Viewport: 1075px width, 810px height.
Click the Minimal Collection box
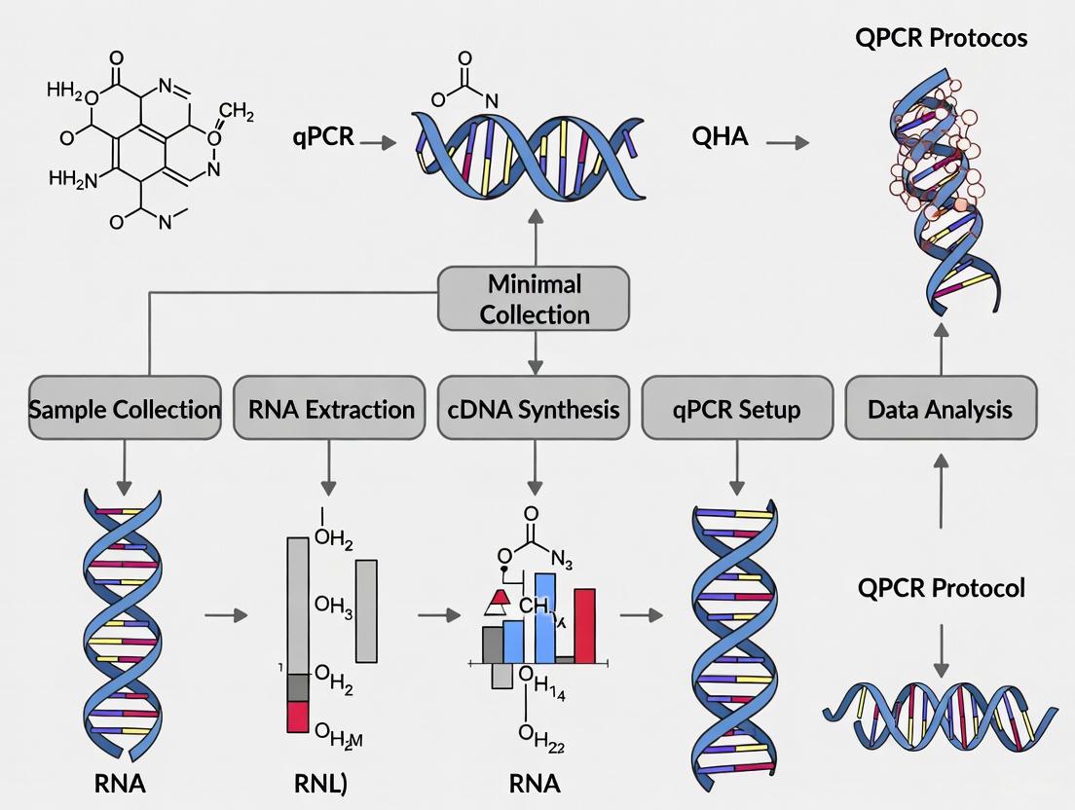534,299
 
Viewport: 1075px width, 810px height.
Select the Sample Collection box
125,409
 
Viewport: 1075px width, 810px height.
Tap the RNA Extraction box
331,409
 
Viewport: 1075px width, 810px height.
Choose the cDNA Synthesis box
534,409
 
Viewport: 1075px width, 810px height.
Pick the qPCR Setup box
737,409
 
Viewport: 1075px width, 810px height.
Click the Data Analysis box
941,409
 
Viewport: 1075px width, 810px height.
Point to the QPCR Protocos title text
941,39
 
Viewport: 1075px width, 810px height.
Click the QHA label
720,136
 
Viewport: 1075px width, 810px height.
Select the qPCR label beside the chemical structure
323,136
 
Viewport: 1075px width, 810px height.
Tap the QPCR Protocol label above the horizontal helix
941,588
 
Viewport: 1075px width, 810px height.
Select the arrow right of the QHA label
787,142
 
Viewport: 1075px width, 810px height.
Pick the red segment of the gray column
297,717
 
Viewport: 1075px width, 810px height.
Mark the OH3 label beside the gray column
333,606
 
